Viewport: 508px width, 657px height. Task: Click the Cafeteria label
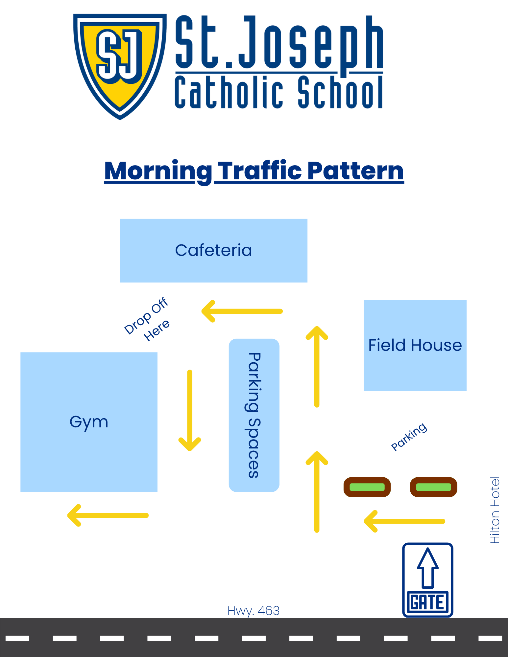214,250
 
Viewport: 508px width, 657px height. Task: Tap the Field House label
415,345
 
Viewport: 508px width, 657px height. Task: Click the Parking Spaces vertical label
254,415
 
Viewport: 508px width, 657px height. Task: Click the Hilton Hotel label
495,510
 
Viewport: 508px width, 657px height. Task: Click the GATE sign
428,580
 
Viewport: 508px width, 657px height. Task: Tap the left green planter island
367,487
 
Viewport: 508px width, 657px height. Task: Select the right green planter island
434,487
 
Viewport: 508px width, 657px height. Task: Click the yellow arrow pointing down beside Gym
190,411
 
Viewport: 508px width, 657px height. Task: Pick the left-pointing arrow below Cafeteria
242,311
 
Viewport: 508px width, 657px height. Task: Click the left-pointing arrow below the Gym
108,515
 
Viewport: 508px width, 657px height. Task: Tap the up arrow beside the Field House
317,367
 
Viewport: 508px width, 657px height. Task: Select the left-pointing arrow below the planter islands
404,521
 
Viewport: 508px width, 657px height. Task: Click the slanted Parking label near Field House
409,437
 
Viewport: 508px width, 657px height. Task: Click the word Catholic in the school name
229,92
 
